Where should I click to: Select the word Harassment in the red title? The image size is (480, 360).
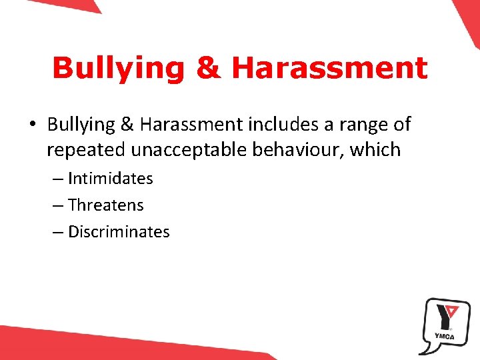328,69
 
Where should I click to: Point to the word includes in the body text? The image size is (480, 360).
279,125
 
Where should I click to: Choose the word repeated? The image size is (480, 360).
86,150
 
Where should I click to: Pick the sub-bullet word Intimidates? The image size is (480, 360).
110,179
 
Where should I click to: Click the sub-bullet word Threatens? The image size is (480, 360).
106,205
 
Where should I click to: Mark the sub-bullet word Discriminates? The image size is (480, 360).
119,232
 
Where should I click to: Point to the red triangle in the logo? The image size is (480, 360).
453,310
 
